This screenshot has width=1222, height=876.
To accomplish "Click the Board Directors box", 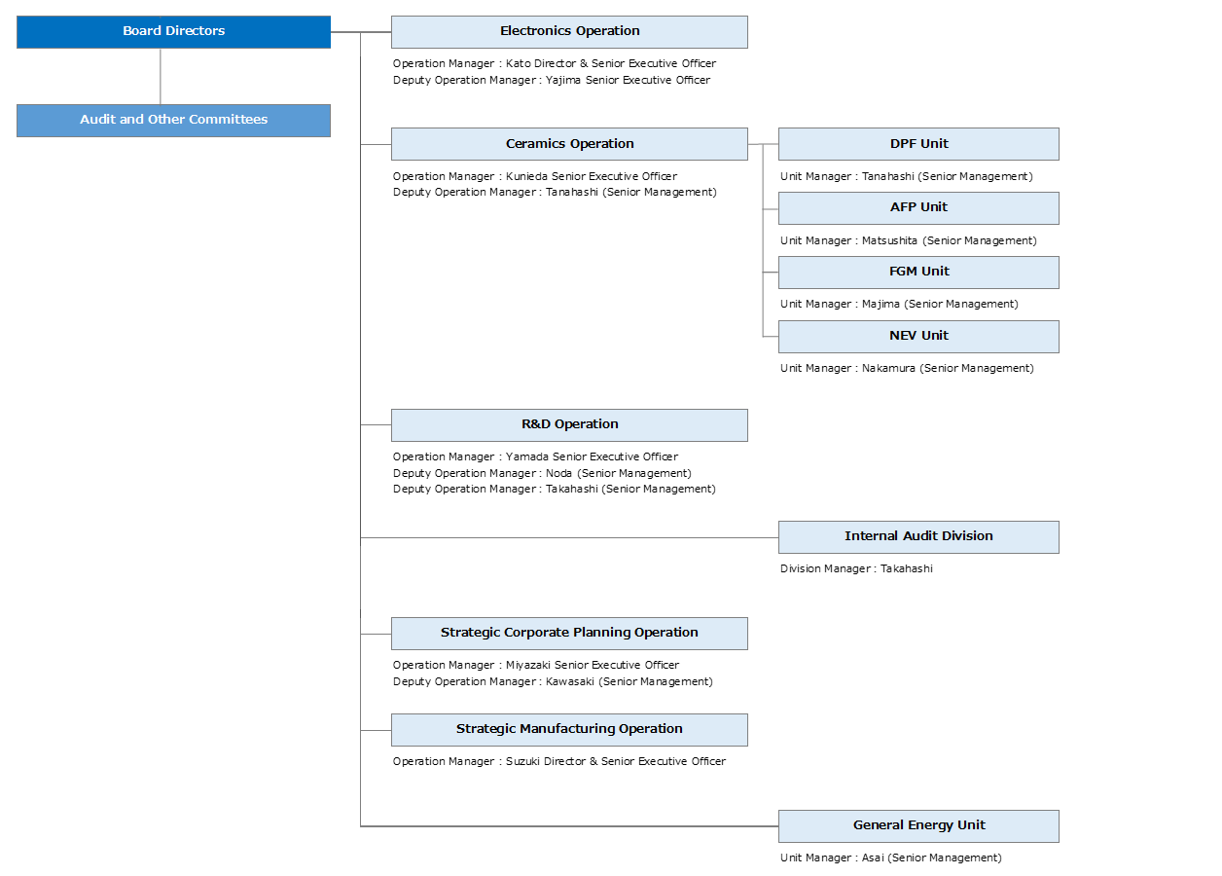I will pos(173,31).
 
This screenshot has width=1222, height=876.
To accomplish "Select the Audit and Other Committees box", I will pos(173,120).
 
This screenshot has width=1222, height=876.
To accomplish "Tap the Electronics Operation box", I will pos(569,31).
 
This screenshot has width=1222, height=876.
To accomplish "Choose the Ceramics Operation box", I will pos(569,144).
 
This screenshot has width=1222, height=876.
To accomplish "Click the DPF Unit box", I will pos(918,144).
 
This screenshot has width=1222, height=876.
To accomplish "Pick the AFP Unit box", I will pos(918,207).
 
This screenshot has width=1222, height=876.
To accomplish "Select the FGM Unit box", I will pos(918,272).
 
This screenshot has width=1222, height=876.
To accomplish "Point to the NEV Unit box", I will pos(918,336).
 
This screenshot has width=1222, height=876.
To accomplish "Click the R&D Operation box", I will pos(569,424).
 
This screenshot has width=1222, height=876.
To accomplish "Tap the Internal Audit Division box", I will pos(918,536).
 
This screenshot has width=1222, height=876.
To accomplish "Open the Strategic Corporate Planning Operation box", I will pos(569,633).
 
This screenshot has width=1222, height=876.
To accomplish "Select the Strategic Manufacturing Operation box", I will pos(569,729).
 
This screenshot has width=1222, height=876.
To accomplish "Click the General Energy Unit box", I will pos(918,825).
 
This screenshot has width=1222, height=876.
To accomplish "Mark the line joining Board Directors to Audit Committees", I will pos(161,76).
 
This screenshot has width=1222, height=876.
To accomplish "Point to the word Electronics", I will pos(535,31).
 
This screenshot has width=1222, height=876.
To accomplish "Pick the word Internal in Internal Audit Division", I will pos(870,536).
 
